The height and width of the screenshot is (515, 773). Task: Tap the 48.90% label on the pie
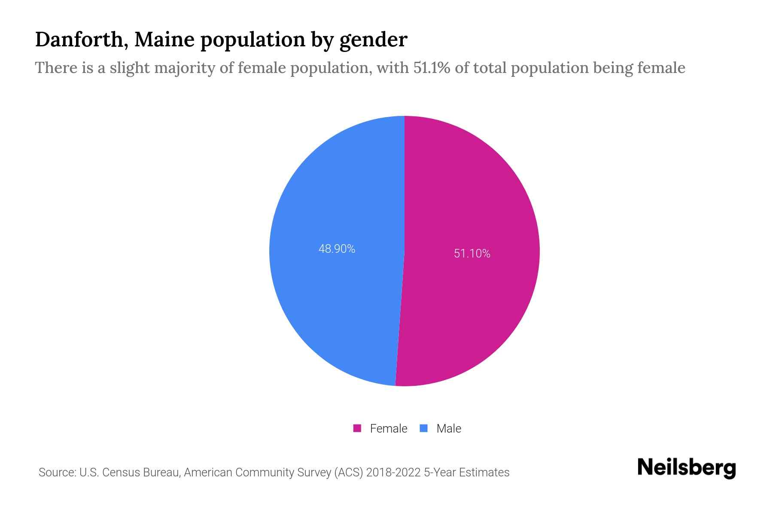[337, 249]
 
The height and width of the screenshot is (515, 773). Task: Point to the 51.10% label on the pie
[472, 254]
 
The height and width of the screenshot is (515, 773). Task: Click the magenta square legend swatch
[357, 428]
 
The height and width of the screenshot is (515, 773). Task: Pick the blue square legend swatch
[423, 428]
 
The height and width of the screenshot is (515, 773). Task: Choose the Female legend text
[388, 428]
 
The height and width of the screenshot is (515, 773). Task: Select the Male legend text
[448, 428]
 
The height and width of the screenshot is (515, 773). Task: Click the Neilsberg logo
[686, 468]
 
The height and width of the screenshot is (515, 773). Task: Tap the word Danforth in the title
[79, 40]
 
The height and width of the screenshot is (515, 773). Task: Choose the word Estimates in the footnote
[484, 473]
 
